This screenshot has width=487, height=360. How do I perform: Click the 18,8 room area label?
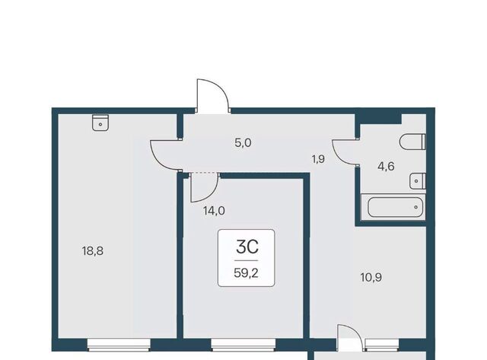coord(93,250)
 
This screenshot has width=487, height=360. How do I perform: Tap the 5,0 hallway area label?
coord(243,143)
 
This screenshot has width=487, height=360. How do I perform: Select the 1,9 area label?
coord(318,159)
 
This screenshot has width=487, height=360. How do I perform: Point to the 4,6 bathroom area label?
coord(386,167)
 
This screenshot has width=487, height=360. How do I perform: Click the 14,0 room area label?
coord(214,211)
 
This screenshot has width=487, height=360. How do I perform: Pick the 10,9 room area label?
coord(371,277)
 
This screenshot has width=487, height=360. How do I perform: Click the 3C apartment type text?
coord(247,247)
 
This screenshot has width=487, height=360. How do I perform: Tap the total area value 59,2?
coord(246,273)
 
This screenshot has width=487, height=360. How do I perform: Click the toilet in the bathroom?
coord(412,142)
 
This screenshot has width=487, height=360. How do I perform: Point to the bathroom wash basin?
coord(418,181)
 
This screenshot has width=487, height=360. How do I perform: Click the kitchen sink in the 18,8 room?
coord(100,123)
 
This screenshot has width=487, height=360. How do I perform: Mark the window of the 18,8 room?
coord(119,345)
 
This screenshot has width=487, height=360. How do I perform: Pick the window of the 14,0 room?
coord(243,345)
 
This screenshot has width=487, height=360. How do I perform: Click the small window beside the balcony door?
coord(382,345)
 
